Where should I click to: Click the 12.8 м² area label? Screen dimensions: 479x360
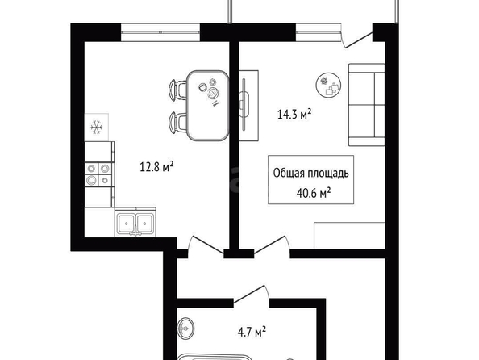[156, 167]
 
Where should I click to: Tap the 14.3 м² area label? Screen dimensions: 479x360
[294, 114]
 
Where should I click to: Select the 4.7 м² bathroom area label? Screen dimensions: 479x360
[252, 333]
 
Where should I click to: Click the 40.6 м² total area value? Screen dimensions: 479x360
[314, 193]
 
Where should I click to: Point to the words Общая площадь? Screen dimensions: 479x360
[311, 173]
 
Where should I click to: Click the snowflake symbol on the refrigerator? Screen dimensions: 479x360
[97, 128]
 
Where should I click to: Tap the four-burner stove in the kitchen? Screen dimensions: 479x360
[98, 174]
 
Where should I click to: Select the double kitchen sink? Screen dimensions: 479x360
[135, 222]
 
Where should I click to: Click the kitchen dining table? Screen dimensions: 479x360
[208, 106]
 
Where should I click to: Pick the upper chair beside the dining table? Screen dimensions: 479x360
[177, 90]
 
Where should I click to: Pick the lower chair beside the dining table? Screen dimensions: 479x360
[177, 123]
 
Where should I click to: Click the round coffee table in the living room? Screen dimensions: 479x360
[329, 85]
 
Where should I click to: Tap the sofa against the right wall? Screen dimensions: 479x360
[367, 105]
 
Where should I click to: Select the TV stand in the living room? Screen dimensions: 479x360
[248, 106]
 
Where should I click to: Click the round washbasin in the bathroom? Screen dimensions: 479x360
[185, 329]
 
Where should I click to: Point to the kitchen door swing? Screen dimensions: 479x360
[205, 245]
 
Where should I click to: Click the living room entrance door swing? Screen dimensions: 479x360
[272, 245]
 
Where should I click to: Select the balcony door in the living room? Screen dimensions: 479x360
[356, 36]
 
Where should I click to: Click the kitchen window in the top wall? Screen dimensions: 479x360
[160, 32]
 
